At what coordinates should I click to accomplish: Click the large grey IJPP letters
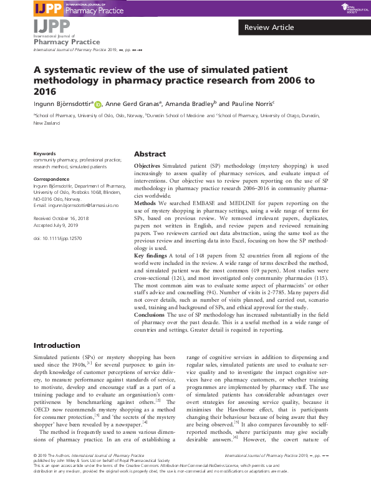pos(52,26)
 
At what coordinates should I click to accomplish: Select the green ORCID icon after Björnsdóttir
pos(98,105)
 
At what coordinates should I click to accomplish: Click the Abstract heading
pos(150,154)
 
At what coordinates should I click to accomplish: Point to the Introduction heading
pos(57,345)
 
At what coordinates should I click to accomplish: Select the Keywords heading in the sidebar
pos(44,153)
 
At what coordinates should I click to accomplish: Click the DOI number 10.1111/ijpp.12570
pos(57,238)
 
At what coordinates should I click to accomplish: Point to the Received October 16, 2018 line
pos(62,219)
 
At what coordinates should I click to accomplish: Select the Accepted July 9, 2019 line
pos(57,226)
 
